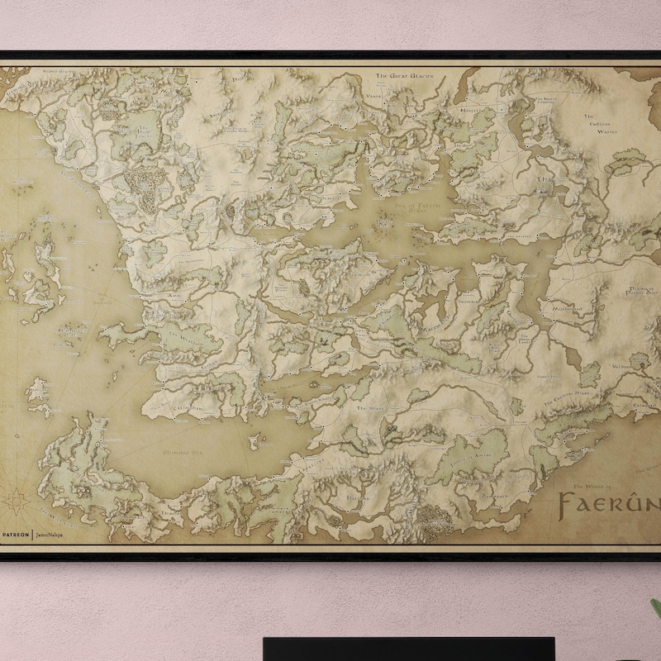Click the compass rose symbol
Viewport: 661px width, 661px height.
click(x=18, y=501)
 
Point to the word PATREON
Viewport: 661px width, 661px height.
click(x=15, y=535)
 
